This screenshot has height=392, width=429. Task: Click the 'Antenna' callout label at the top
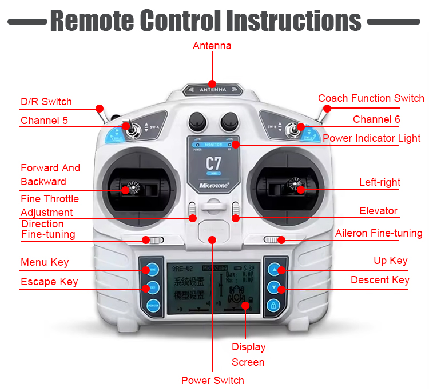pos(212,46)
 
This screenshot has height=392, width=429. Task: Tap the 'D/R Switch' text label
pos(46,102)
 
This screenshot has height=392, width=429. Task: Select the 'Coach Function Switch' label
pos(371,98)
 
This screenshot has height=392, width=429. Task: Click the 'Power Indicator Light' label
pos(371,138)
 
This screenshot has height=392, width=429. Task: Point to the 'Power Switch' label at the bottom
pos(212,381)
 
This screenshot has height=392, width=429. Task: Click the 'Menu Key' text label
pos(45,262)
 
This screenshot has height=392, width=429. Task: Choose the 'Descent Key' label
pos(380,280)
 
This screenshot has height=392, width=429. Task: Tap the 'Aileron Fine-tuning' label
pos(379,233)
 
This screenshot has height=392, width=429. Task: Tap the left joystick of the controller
pos(133,187)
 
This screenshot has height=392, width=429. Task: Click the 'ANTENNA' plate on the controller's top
pos(213,90)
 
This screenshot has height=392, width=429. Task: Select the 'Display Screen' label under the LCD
pos(248,354)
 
